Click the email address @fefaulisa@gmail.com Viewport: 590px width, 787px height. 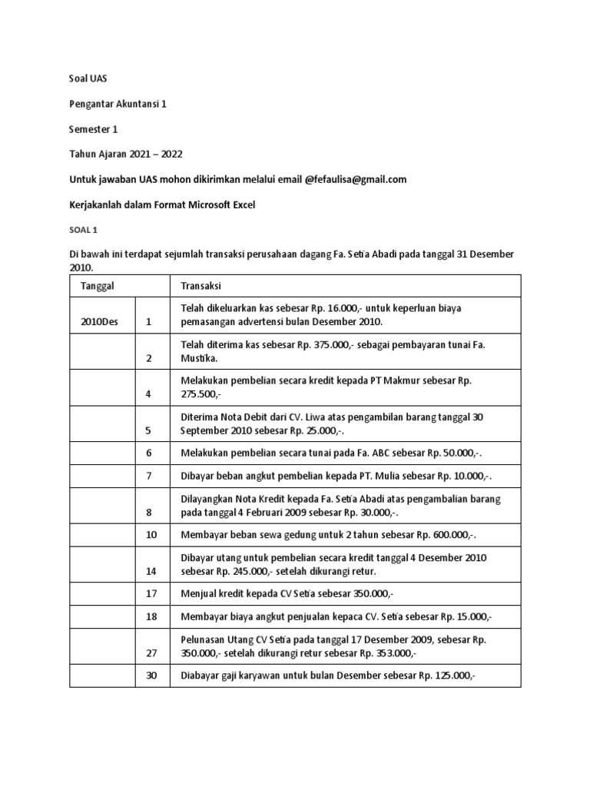[x=356, y=179]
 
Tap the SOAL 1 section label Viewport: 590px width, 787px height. [x=84, y=229]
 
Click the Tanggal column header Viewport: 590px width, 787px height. [x=98, y=286]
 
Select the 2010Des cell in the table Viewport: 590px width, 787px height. [x=100, y=322]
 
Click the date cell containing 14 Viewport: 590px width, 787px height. [x=149, y=571]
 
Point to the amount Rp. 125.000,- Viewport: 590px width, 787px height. [x=445, y=676]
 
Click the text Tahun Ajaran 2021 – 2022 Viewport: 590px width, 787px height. [x=128, y=154]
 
